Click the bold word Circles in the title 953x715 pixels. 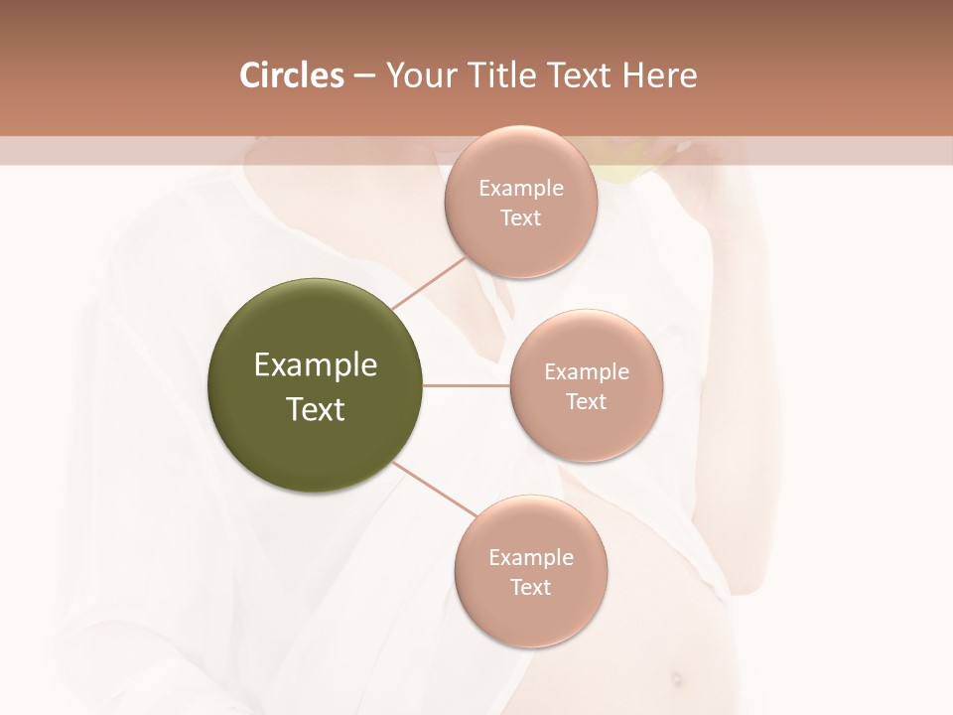[292, 75]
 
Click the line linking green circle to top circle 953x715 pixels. [430, 281]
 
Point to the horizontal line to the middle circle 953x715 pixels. [467, 385]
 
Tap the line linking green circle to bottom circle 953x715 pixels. [434, 489]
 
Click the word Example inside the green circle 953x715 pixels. [315, 365]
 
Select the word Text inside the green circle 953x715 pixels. [315, 409]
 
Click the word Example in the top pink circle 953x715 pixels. [520, 188]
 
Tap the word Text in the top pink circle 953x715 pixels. [520, 217]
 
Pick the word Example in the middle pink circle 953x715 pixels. [586, 371]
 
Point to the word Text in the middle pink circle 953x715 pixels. [586, 401]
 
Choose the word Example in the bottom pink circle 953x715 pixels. [530, 557]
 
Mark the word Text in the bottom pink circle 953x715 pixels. [530, 587]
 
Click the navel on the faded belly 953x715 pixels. [677, 679]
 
